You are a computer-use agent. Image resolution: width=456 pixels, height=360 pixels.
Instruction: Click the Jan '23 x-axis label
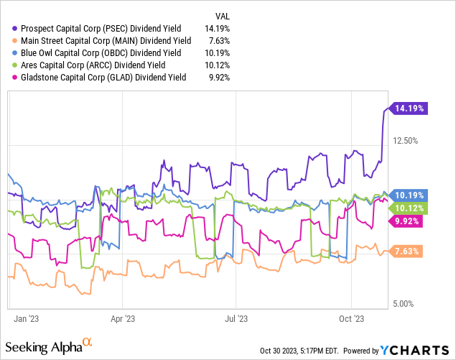tap(27, 316)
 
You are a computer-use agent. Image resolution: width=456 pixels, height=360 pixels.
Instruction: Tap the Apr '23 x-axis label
tap(124, 316)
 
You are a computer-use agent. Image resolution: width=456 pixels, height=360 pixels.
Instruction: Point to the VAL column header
tap(223, 16)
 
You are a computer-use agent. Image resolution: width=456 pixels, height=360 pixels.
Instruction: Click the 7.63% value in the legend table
tap(218, 41)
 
